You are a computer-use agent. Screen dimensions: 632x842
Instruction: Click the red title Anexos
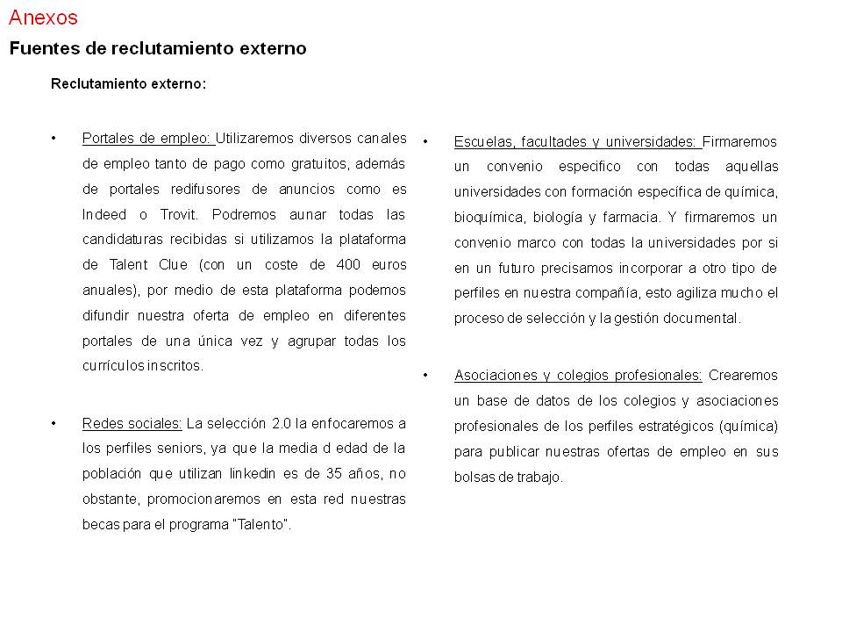pos(43,18)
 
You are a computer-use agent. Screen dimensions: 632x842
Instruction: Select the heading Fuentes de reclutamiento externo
pos(158,49)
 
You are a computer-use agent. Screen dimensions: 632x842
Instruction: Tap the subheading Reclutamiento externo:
pos(128,84)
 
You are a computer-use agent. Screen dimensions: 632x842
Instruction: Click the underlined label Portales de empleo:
pos(147,138)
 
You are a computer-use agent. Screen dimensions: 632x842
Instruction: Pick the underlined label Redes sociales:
pos(132,423)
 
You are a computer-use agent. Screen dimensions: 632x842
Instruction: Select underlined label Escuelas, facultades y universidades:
pos(576,141)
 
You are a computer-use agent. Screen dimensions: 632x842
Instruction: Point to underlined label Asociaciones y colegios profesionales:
pos(578,376)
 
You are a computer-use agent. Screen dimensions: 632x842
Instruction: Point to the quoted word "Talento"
pos(265,525)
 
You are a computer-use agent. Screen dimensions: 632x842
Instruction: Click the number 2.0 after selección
pos(281,423)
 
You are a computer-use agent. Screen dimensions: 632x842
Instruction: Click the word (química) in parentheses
pos(747,427)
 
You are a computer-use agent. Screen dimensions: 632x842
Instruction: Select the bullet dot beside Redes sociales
pos(54,423)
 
